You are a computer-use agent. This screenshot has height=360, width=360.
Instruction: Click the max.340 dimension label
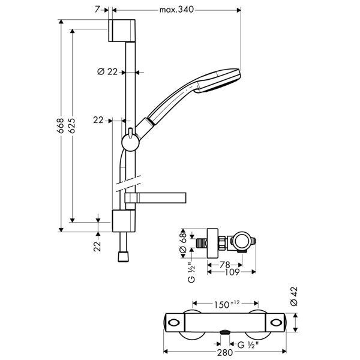[x=178, y=10]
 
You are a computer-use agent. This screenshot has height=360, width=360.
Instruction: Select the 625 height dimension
[x=71, y=127]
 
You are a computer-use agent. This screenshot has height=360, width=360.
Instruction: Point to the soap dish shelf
[x=156, y=198]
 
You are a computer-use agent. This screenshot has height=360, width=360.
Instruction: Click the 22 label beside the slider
[x=98, y=120]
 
